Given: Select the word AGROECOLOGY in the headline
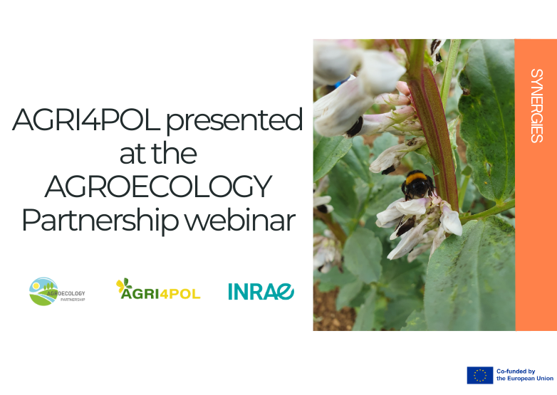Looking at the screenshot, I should click(157, 187).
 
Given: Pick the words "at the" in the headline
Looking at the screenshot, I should click(157, 154).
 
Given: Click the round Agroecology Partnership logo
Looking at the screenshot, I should click(44, 291).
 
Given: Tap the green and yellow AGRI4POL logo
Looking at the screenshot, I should click(158, 289).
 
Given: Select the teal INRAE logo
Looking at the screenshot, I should click(261, 291).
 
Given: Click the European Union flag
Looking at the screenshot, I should click(479, 375).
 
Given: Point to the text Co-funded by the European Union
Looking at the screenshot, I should click(525, 375).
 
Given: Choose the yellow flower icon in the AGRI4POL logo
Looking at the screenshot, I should click(124, 285).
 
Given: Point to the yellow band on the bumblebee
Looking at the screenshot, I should click(417, 177).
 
